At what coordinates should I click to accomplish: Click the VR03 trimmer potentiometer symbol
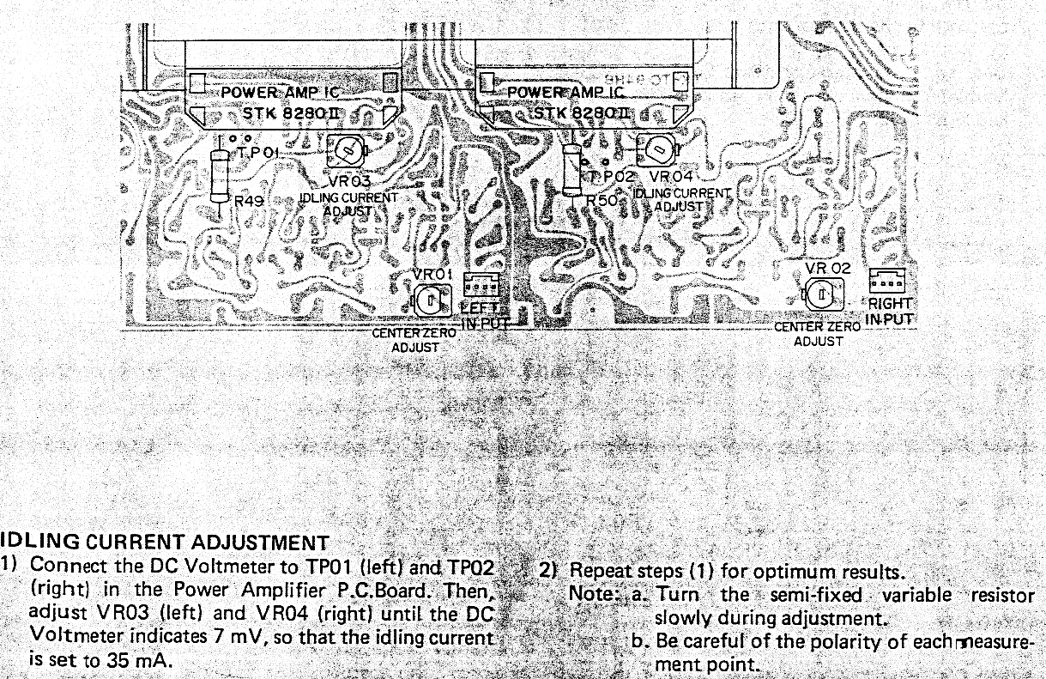(348, 152)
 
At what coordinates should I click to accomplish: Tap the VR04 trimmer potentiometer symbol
(656, 150)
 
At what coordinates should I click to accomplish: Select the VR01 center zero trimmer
(431, 300)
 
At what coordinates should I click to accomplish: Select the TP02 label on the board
(614, 176)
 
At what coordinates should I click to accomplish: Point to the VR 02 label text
(828, 268)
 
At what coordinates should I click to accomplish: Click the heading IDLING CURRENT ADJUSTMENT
(165, 543)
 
